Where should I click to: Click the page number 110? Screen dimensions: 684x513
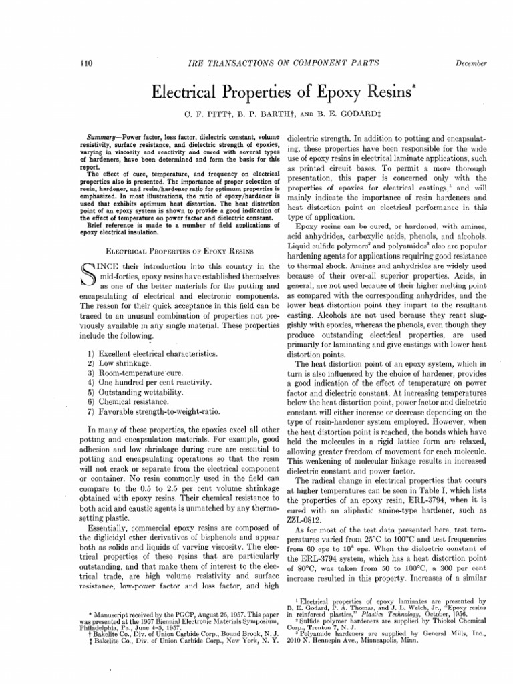(x=85, y=63)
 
